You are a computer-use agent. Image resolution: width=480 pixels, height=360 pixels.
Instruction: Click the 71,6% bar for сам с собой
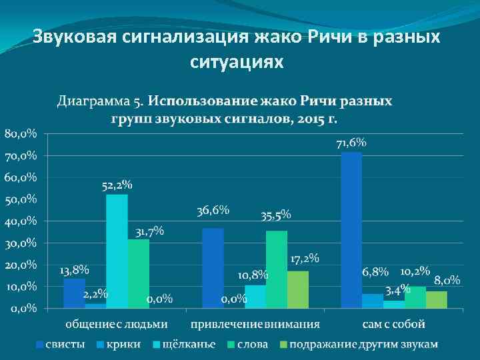pyautogui.click(x=351, y=230)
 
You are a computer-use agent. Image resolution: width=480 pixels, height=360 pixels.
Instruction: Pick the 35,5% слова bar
pyautogui.click(x=277, y=269)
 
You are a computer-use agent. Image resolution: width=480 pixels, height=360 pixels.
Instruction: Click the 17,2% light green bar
pyautogui.click(x=298, y=289)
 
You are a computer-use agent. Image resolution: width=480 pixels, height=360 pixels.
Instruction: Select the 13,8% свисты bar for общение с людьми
pyautogui.click(x=74, y=293)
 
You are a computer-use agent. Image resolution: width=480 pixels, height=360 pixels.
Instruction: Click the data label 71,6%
pyautogui.click(x=351, y=143)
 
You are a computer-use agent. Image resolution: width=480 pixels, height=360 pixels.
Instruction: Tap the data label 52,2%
pyautogui.click(x=117, y=185)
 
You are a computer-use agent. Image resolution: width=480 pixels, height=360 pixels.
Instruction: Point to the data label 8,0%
pyautogui.click(x=447, y=280)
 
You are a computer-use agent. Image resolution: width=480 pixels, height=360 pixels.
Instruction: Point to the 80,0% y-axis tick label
pyautogui.click(x=21, y=134)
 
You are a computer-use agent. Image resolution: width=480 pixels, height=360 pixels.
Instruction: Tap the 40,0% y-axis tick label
pyautogui.click(x=21, y=221)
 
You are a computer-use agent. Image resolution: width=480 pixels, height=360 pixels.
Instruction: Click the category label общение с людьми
pyautogui.click(x=117, y=325)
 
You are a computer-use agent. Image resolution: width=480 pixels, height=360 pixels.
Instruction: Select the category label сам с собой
pyautogui.click(x=394, y=325)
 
